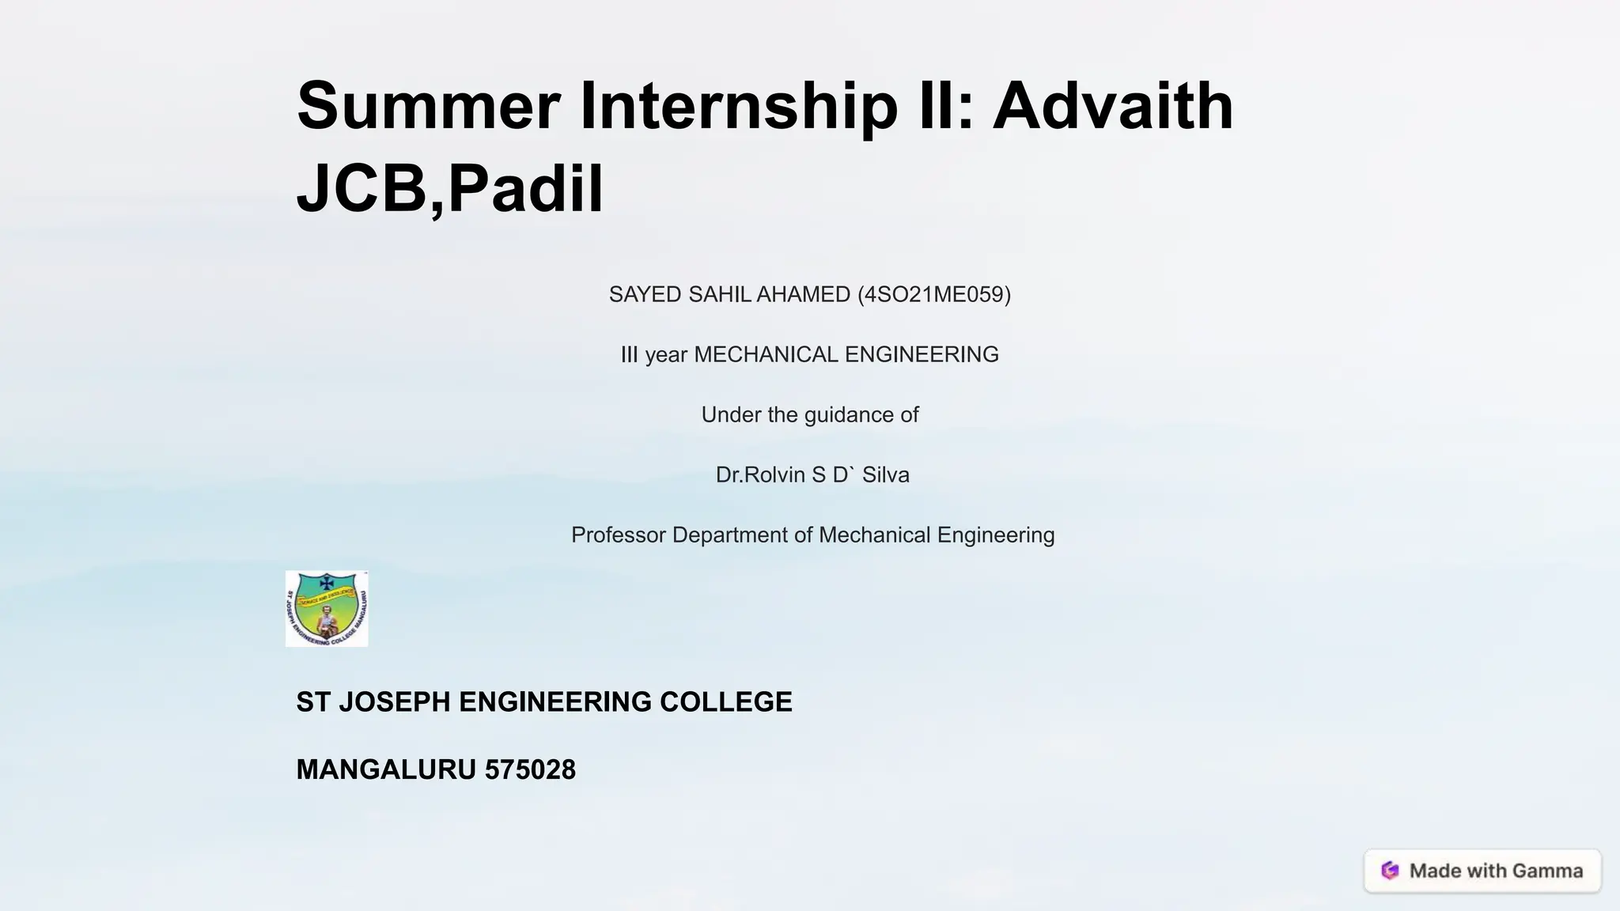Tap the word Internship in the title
point(739,106)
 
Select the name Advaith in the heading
point(1113,106)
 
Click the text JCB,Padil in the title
point(449,188)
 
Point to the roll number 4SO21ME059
point(934,295)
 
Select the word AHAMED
point(803,295)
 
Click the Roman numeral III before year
point(629,355)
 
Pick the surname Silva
point(885,475)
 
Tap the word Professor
point(619,535)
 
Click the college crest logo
point(327,609)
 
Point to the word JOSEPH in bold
point(395,702)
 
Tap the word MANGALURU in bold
point(386,770)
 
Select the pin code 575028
point(530,770)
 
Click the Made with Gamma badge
point(1482,871)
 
